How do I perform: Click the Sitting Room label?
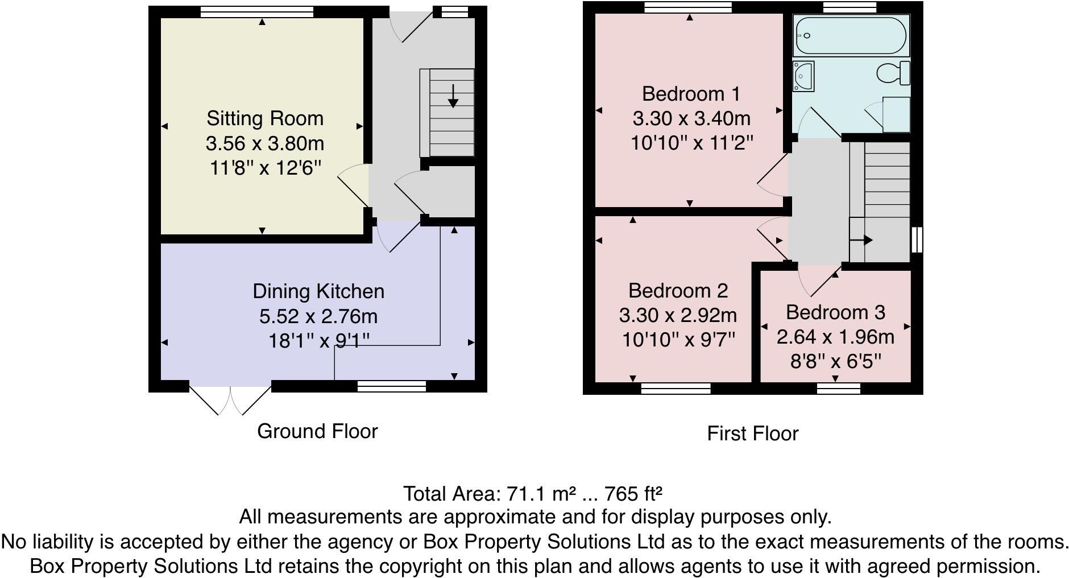point(264,118)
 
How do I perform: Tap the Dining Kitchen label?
point(318,291)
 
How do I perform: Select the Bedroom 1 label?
point(691,94)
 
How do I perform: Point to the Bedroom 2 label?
point(678,291)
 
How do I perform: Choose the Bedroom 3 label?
point(835,312)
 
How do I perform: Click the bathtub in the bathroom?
point(851,35)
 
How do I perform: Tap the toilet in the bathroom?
point(893,73)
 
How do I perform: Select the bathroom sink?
point(803,76)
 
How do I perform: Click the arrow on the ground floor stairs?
point(453,96)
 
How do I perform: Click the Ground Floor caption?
point(317,431)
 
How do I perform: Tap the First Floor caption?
point(752,433)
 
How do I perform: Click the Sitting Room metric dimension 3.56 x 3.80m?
point(265,143)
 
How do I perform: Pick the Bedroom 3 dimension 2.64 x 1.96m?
point(835,337)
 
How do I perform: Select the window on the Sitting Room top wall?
point(257,11)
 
